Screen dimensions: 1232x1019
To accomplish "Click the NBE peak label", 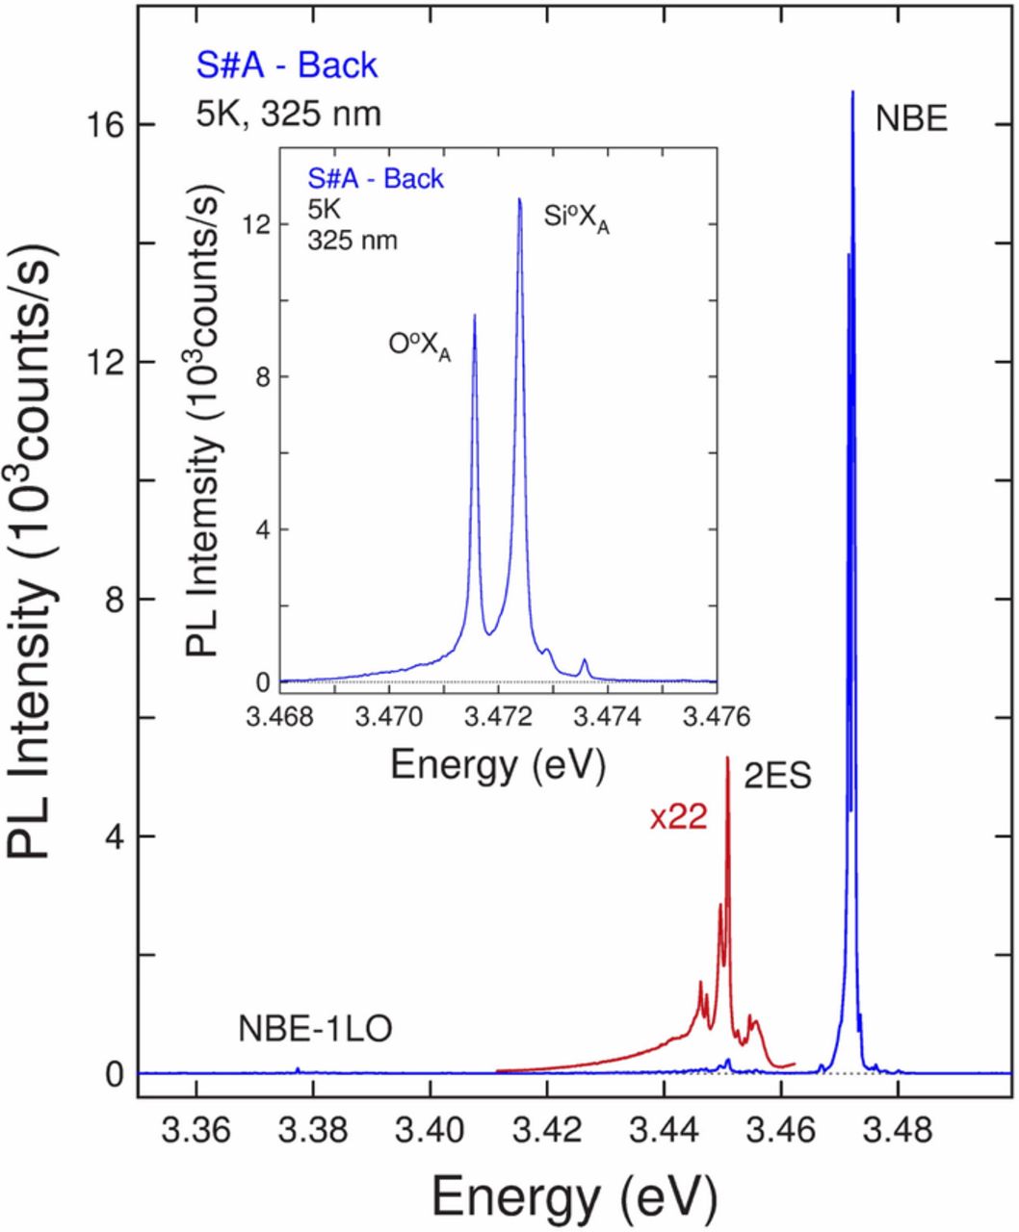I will tap(911, 119).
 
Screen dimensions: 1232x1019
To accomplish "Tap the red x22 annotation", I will tap(678, 817).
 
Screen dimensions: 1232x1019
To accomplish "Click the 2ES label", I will tap(776, 777).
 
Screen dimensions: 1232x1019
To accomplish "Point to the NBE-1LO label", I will tap(315, 1031).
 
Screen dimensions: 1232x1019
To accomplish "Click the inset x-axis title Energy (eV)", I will tap(497, 765).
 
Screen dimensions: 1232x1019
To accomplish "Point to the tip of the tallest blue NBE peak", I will tap(852, 92).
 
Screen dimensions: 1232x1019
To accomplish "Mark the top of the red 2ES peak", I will tap(727, 757).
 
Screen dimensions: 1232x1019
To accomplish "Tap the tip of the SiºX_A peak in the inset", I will tap(519, 199).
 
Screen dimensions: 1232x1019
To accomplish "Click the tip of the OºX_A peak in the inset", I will tap(474, 315).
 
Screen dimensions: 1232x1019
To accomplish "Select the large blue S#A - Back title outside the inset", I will tap(287, 65).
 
